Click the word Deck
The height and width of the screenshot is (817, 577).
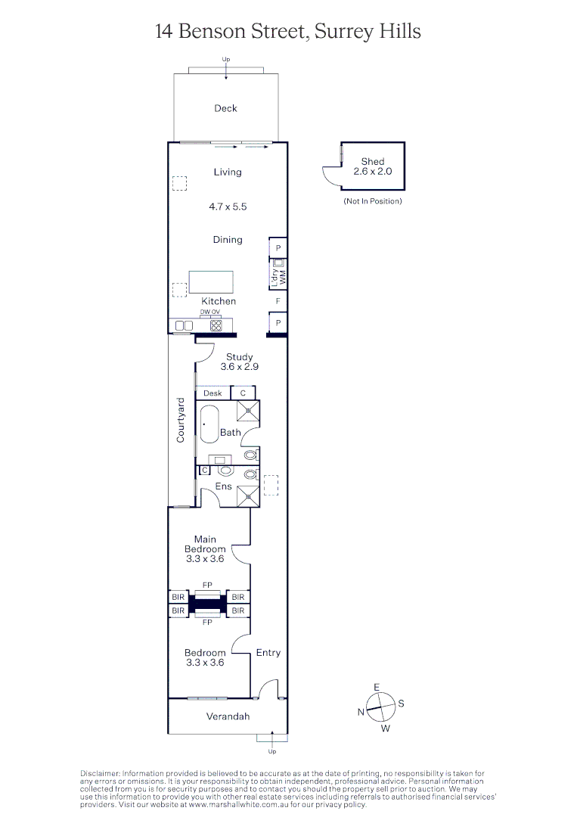tap(225, 108)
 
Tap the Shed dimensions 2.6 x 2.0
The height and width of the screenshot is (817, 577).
tap(372, 172)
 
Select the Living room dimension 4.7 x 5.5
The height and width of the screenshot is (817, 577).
tap(227, 206)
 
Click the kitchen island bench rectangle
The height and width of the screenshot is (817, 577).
tap(211, 281)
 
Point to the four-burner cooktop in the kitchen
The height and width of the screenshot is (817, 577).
tap(216, 325)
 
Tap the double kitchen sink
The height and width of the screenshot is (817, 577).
tap(184, 325)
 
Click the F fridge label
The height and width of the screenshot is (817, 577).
tap(278, 301)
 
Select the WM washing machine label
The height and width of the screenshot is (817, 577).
tap(283, 277)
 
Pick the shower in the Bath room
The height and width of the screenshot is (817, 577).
tap(247, 411)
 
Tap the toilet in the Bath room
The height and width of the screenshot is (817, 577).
tap(250, 456)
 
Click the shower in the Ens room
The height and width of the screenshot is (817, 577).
tap(247, 495)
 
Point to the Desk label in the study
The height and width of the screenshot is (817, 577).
tap(212, 393)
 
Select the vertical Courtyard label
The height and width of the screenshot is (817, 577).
tap(181, 420)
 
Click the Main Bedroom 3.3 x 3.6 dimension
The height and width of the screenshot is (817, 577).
tap(205, 559)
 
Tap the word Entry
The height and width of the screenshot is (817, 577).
tap(268, 652)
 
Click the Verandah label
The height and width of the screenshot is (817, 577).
tap(228, 716)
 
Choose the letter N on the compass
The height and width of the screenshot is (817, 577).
tap(361, 713)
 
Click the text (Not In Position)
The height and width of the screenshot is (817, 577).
tap(372, 201)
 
